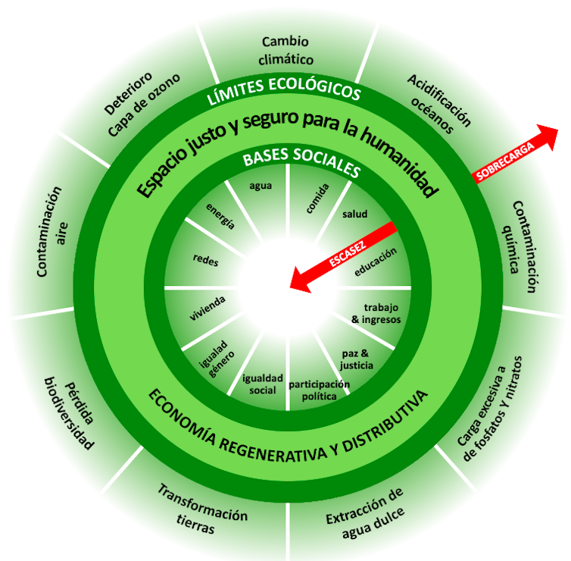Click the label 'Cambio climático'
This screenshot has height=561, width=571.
click(286, 50)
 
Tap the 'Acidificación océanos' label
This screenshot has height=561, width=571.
click(439, 104)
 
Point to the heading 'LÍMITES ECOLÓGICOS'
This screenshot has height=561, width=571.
click(285, 90)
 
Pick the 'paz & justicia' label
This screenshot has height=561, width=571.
click(357, 359)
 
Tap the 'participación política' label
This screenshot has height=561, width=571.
click(319, 390)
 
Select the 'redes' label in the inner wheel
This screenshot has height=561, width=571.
click(206, 259)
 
